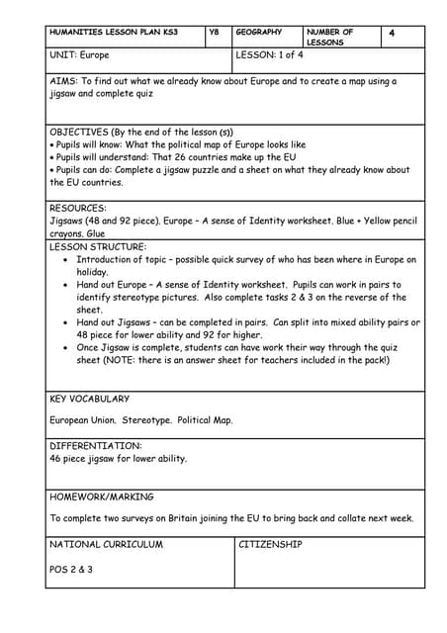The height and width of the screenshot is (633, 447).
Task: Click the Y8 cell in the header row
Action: (214, 33)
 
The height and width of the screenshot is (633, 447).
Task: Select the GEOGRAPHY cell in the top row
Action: (258, 33)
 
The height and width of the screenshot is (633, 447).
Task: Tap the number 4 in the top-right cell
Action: (392, 34)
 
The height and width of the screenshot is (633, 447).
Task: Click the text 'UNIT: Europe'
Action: (82, 55)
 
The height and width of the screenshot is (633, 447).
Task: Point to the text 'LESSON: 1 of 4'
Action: (271, 55)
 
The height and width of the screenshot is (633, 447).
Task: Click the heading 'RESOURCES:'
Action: (78, 209)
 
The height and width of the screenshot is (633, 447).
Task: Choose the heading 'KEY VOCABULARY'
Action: (89, 400)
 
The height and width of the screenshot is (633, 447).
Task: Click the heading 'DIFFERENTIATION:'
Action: (96, 446)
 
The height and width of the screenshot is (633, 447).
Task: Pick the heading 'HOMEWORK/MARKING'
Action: (101, 497)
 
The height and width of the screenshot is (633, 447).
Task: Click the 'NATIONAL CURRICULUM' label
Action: (106, 545)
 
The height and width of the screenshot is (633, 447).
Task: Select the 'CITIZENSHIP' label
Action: (270, 545)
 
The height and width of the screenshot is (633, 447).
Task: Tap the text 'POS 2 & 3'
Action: (71, 570)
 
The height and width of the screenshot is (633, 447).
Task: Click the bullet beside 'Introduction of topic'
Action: (65, 260)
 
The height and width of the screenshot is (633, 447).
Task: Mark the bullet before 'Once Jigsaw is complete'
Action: (65, 348)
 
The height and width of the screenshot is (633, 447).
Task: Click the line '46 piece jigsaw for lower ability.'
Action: (118, 459)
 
